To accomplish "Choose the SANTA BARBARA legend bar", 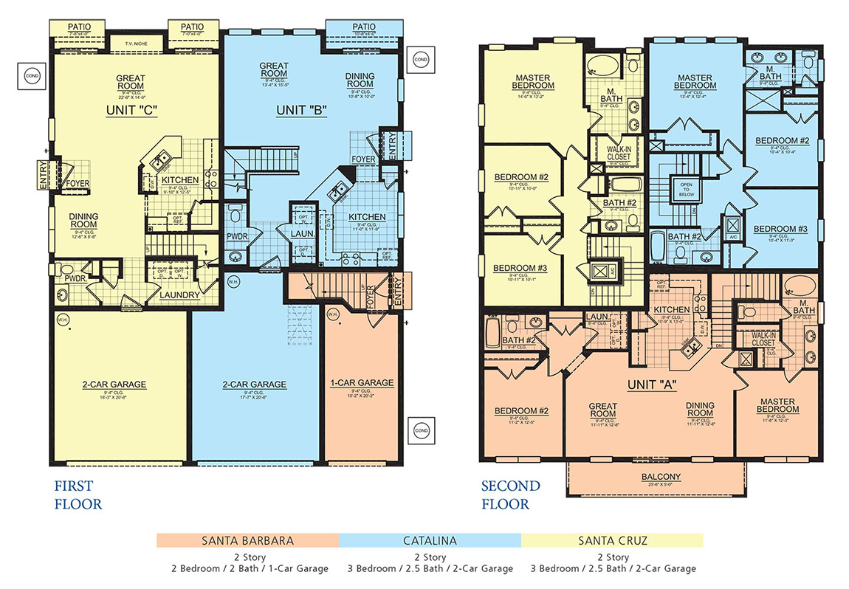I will click(247, 540).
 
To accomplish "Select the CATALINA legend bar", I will click(430, 540).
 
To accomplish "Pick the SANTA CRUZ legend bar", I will click(612, 540).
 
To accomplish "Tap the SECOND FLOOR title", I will click(510, 495).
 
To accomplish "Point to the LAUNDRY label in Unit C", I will click(180, 295).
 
